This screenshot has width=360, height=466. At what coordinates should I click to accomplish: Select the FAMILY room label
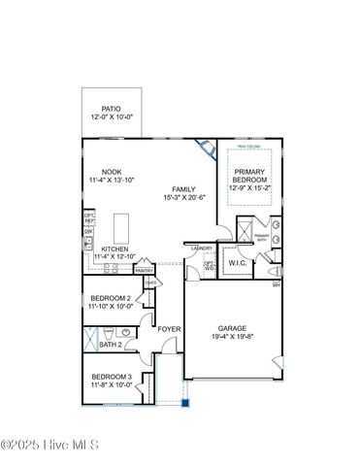click(x=183, y=188)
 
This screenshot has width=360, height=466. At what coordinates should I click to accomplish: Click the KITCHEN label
click(x=115, y=249)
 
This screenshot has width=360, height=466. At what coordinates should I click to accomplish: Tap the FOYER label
click(x=170, y=329)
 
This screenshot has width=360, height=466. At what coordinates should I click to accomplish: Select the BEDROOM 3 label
click(x=112, y=377)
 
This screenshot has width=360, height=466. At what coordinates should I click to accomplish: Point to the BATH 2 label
click(x=110, y=345)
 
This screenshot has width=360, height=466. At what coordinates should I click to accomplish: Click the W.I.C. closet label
click(x=237, y=263)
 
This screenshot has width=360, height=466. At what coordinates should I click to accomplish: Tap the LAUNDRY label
click(x=202, y=249)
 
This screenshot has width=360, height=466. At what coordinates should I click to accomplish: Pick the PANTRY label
click(x=145, y=271)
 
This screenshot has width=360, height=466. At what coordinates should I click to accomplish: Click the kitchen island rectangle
click(x=121, y=228)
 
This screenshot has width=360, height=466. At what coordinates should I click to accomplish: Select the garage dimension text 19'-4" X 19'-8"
click(x=232, y=337)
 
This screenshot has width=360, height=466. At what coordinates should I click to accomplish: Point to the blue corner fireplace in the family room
click(x=205, y=148)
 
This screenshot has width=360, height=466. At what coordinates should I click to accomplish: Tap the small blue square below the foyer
click(x=188, y=403)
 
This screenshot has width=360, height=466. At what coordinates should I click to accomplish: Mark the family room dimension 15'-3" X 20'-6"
click(x=183, y=198)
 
